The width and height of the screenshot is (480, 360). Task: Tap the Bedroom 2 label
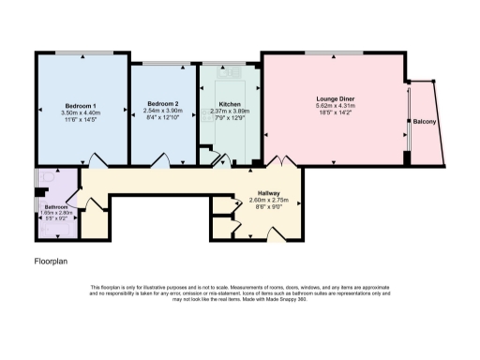tap(164, 104)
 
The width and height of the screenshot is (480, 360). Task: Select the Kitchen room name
tap(230, 104)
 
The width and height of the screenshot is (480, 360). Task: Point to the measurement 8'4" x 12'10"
tap(164, 120)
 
